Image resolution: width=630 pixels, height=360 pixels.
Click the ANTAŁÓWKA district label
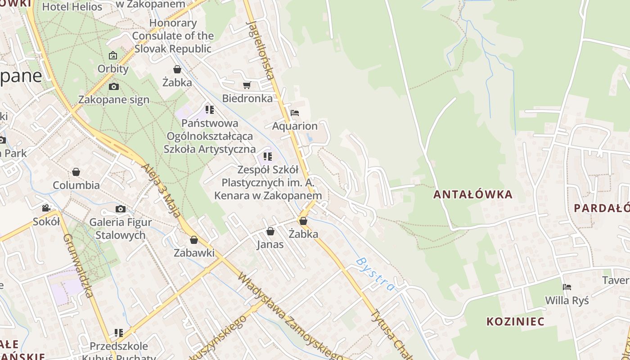pyautogui.click(x=473, y=194)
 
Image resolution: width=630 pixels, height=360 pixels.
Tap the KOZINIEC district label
pyautogui.click(x=515, y=321)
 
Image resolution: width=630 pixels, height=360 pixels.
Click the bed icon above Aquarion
pyautogui.click(x=295, y=112)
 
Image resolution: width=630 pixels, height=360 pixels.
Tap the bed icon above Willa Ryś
pyautogui.click(x=567, y=287)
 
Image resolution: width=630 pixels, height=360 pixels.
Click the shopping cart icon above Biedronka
pyautogui.click(x=247, y=85)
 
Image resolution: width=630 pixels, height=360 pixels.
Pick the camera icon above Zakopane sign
pyautogui.click(x=114, y=86)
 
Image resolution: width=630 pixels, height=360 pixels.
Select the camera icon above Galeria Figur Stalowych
pyautogui.click(x=120, y=209)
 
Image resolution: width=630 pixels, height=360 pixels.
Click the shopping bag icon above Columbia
pyautogui.click(x=76, y=172)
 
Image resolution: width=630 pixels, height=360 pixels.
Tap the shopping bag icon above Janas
pyautogui.click(x=270, y=231)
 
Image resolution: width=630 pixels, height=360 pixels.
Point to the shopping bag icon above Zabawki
pyautogui.click(x=194, y=240)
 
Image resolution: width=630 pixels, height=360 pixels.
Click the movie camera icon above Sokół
pyautogui.click(x=46, y=208)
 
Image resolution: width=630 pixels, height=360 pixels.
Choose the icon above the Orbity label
pyautogui.click(x=113, y=56)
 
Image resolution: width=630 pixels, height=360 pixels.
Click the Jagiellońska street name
pyautogui.click(x=261, y=49)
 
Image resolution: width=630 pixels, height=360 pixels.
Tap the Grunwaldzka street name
pyautogui.click(x=78, y=265)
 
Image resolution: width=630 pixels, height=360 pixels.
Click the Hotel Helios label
pyautogui.click(x=72, y=7)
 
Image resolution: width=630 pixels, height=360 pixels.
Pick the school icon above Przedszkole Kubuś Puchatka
pyautogui.click(x=119, y=333)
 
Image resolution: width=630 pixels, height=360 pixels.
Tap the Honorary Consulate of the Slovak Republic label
pyautogui.click(x=173, y=36)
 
